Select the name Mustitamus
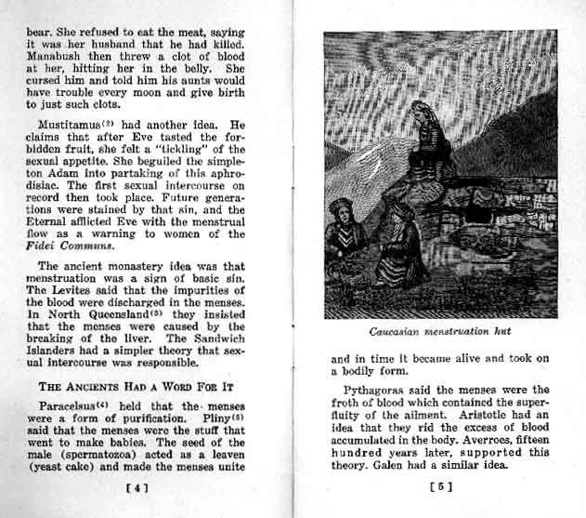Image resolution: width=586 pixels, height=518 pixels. point(72,124)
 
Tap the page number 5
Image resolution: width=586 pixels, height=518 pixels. point(441,485)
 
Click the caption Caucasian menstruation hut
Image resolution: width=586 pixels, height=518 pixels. point(440,330)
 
